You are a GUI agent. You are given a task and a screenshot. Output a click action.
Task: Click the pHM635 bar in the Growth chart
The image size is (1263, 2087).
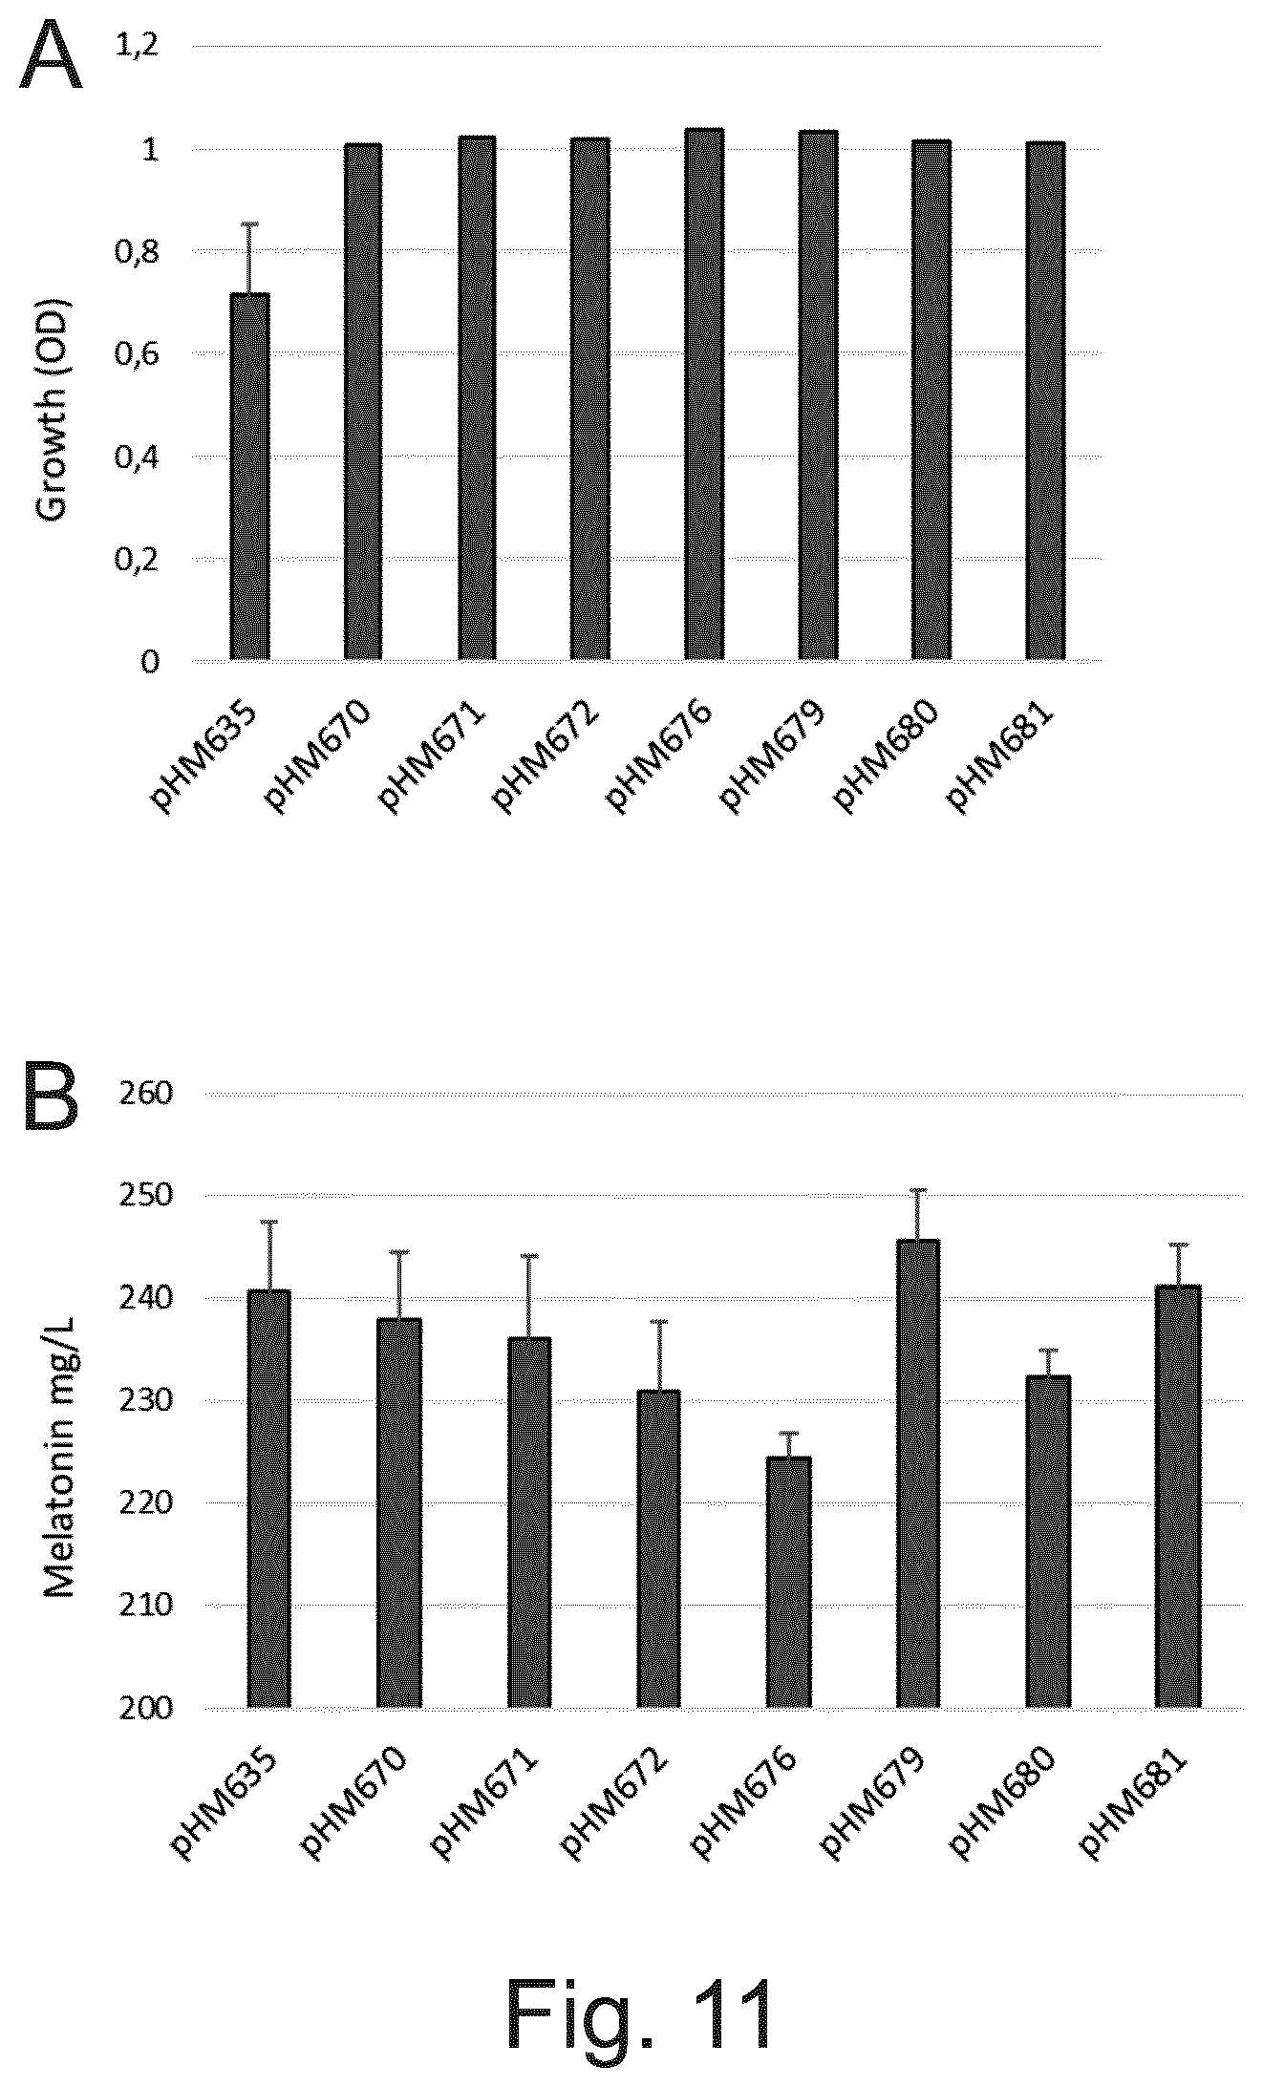coord(249,477)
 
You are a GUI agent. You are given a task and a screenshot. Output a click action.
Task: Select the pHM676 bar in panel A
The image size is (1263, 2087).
coord(704,394)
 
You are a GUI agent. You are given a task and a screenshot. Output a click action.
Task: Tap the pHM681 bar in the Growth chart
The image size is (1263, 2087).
coord(1045,401)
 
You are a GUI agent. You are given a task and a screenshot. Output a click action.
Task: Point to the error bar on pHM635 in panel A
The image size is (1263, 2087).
coord(249,258)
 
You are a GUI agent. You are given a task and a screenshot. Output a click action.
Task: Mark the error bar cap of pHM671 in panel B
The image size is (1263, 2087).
coord(529,1256)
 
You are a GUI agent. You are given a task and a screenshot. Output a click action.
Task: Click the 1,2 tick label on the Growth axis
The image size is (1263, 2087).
coord(136,47)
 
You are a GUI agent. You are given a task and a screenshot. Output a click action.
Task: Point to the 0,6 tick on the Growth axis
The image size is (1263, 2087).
coord(136,354)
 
